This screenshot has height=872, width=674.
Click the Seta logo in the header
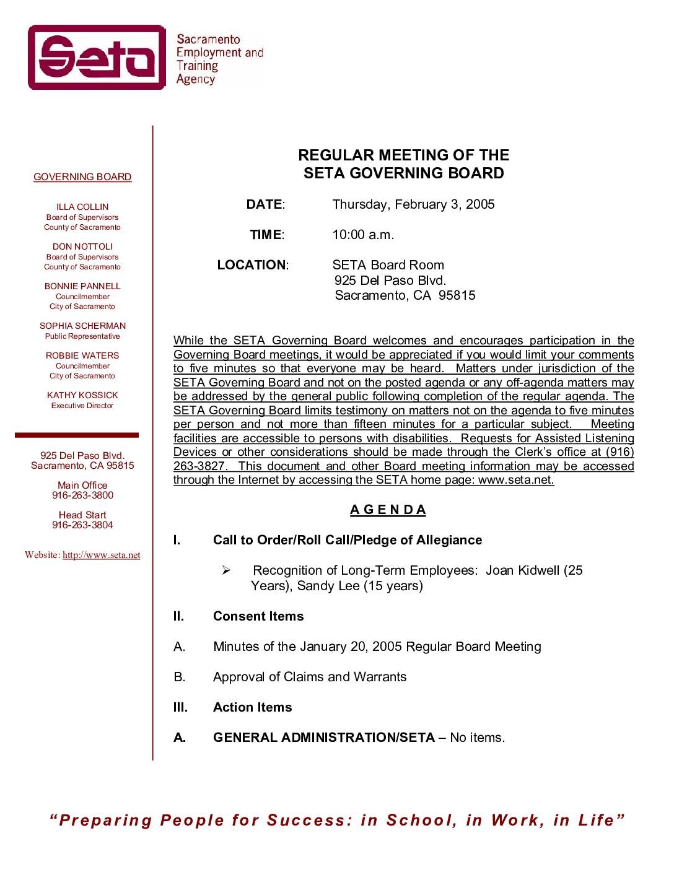click(97, 58)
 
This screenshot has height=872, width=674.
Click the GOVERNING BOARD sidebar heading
click(82, 177)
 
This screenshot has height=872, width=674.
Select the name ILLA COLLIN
click(82, 207)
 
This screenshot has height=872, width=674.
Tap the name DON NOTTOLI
click(82, 246)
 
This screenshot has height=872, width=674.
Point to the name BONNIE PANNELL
click(82, 286)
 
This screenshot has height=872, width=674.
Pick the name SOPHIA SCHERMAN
click(82, 326)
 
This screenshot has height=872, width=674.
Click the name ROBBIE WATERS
click(82, 355)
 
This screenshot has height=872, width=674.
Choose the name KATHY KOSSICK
click(82, 395)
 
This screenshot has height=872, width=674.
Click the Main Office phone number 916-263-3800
click(82, 495)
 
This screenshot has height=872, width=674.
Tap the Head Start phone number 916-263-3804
click(82, 525)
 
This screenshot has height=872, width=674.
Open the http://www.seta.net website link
click(102, 555)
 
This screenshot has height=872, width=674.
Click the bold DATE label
click(265, 204)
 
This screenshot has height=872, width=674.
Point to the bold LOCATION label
click(252, 265)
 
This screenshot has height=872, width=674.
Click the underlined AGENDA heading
click(388, 510)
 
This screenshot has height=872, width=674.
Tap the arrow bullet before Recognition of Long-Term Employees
click(226, 570)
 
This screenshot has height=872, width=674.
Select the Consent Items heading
click(258, 616)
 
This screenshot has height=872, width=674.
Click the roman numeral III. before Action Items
click(180, 707)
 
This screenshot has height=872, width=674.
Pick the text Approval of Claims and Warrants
click(310, 677)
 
